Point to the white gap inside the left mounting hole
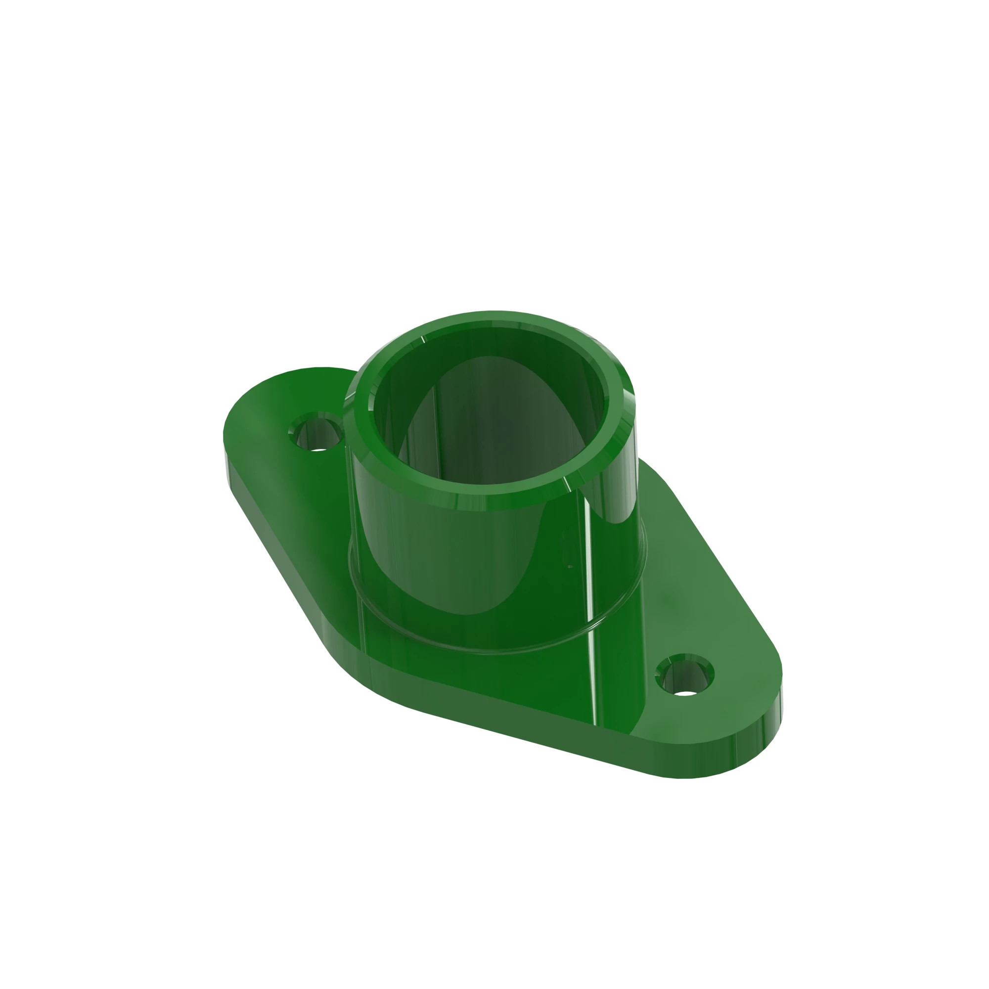(x=319, y=450)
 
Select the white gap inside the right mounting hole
(x=688, y=695)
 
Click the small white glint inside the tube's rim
(x=423, y=340)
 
